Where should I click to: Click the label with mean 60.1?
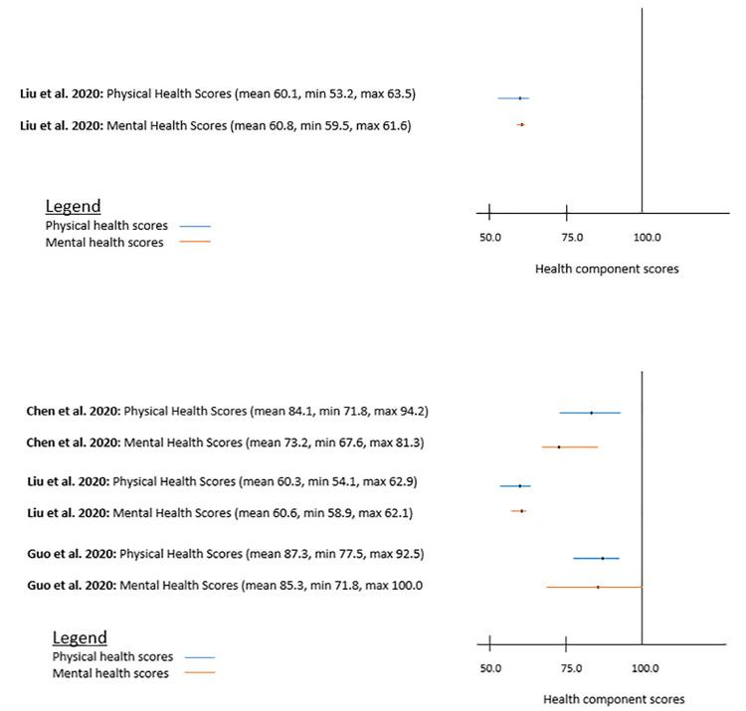218,94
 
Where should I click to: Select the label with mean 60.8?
215,126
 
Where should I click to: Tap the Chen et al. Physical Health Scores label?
228,411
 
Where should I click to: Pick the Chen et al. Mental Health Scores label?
225,443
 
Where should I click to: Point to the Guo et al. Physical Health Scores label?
225,554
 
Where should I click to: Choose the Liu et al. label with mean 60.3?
222,481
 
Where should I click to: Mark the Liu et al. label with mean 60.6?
220,513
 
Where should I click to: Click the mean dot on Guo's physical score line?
603,558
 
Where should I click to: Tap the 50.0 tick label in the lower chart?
490,669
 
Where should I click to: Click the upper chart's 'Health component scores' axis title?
607,268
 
